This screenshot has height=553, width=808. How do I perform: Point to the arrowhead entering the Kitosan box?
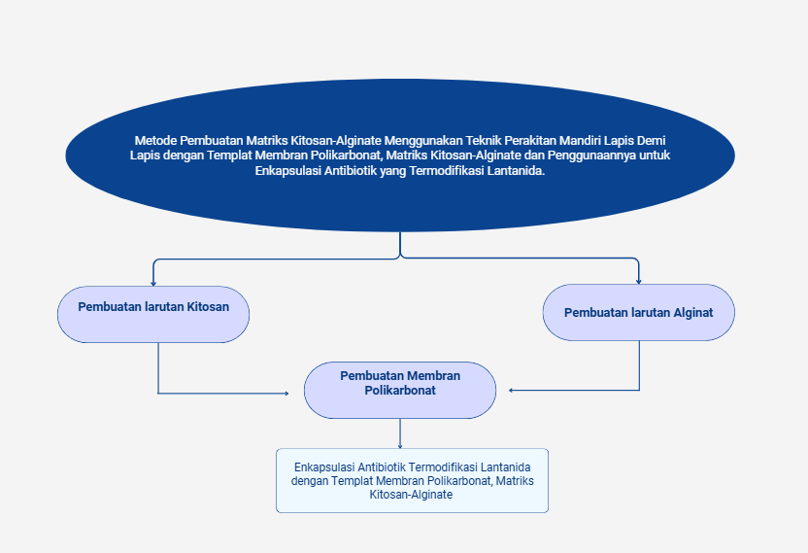[153, 282]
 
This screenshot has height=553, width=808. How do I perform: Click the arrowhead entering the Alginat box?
[639, 281]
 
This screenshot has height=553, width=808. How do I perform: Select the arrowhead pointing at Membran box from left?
[286, 393]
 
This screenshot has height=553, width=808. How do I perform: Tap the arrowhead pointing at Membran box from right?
[512, 390]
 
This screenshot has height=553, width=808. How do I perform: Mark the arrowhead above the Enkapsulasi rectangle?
[400, 445]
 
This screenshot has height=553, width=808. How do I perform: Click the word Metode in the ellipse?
[156, 140]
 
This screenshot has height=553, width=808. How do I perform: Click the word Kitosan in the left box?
[208, 307]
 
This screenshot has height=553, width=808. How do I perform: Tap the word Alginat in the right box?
[692, 313]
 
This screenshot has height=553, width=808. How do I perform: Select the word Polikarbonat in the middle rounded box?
[400, 391]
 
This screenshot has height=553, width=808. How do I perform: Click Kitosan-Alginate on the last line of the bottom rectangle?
[412, 494]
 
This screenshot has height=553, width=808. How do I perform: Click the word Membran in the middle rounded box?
[433, 376]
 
